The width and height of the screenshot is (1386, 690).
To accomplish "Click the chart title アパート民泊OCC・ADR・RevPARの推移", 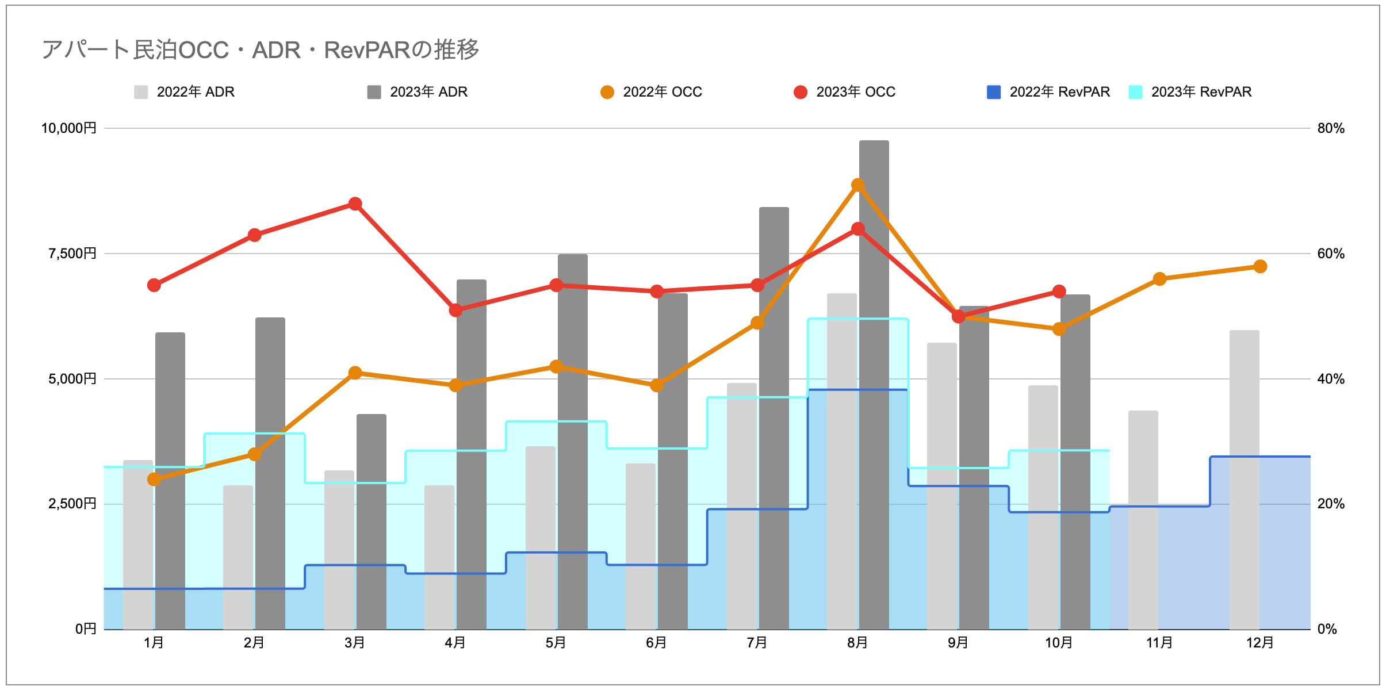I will click(260, 50).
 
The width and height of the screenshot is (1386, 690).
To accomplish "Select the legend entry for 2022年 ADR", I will click(184, 92).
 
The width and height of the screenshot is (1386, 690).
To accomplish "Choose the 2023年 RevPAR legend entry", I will click(1190, 92).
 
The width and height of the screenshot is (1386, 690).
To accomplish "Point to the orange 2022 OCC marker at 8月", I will click(858, 185).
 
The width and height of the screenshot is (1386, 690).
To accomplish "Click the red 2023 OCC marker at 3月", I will click(355, 204).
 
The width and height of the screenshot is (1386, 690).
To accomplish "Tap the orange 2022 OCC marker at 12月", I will click(1260, 266).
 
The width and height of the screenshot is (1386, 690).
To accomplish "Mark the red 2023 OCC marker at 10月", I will click(1059, 292).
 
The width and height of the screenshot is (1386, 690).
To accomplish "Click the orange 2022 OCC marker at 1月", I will click(154, 479).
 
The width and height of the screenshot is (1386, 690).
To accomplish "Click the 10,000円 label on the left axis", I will click(68, 128).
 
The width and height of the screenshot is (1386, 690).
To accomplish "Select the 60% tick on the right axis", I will click(1331, 254).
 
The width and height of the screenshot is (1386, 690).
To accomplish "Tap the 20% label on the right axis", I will click(1331, 504).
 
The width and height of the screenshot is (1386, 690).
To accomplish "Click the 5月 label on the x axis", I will click(556, 642).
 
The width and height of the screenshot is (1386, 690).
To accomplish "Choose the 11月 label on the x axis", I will click(1159, 642).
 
